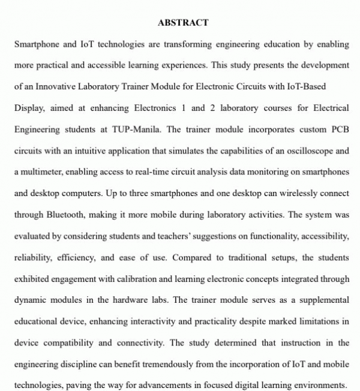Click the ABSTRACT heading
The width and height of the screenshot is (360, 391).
(183, 23)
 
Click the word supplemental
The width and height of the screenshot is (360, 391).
(320, 300)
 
